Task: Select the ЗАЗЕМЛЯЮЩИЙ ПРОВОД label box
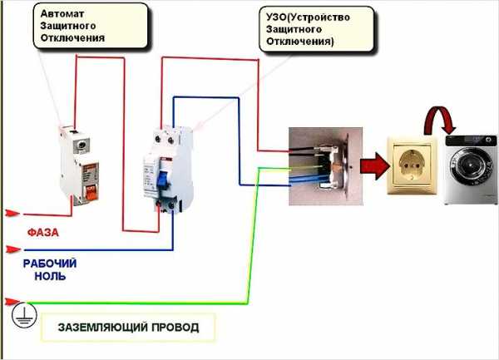pyautogui.click(x=128, y=327)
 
